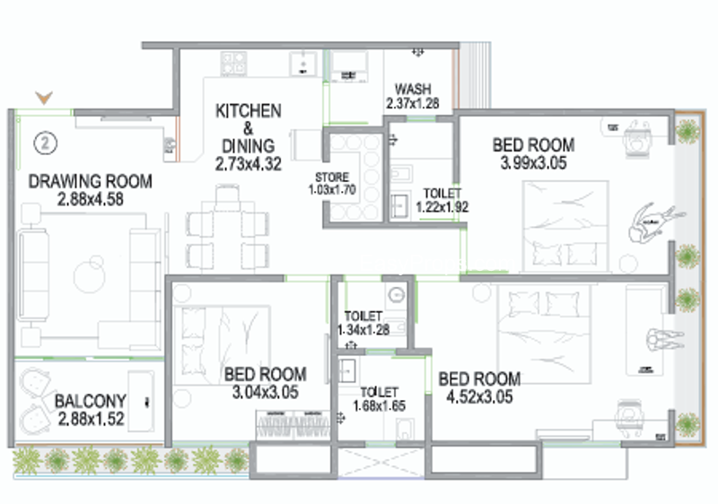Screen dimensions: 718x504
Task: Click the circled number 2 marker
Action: point(46,143)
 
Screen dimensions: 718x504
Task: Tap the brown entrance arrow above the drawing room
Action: point(44,98)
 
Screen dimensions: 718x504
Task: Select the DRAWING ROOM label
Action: point(91,181)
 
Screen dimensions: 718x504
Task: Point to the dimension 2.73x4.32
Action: point(249,164)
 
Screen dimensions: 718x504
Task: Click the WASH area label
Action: point(413,88)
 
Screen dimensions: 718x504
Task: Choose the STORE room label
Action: point(332,177)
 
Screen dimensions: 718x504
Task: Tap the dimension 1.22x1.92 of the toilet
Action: point(442,207)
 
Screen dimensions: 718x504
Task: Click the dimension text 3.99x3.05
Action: point(533,163)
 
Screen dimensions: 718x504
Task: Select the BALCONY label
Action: point(91,401)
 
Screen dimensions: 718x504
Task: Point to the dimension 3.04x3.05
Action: point(265,392)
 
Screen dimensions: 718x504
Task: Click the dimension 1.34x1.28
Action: point(363,329)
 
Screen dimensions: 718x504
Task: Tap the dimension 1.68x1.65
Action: point(379,405)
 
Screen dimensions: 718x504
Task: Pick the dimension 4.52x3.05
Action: point(479,396)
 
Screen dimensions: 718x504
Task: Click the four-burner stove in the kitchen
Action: point(234,63)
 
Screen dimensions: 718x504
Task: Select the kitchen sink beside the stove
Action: point(302,64)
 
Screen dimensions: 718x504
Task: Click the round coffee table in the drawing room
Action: point(90,276)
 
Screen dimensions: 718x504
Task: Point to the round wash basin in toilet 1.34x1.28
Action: point(396,294)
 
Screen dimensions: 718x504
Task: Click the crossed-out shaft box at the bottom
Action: point(381,462)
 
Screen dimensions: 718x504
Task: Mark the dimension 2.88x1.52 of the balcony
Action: point(92,419)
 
